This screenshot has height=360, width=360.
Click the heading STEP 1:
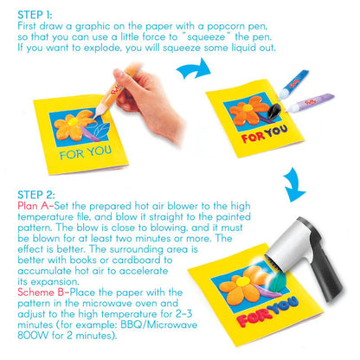pos(29,15)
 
